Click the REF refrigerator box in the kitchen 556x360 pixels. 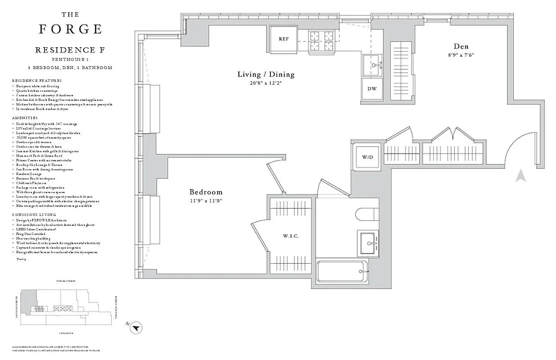point(283,39)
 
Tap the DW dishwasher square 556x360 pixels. point(372,89)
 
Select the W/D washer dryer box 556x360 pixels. point(367,157)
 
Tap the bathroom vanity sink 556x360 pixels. point(368,243)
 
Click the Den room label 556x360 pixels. point(461,46)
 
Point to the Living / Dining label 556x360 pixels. point(266,75)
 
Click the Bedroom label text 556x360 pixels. point(206,192)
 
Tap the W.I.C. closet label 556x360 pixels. point(291,236)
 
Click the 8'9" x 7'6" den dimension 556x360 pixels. point(461,55)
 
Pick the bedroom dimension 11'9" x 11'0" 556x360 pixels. point(206,201)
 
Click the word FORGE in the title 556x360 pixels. point(71,29)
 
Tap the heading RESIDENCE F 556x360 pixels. point(70,50)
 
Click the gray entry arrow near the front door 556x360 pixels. point(521,175)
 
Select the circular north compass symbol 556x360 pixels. point(137,329)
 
